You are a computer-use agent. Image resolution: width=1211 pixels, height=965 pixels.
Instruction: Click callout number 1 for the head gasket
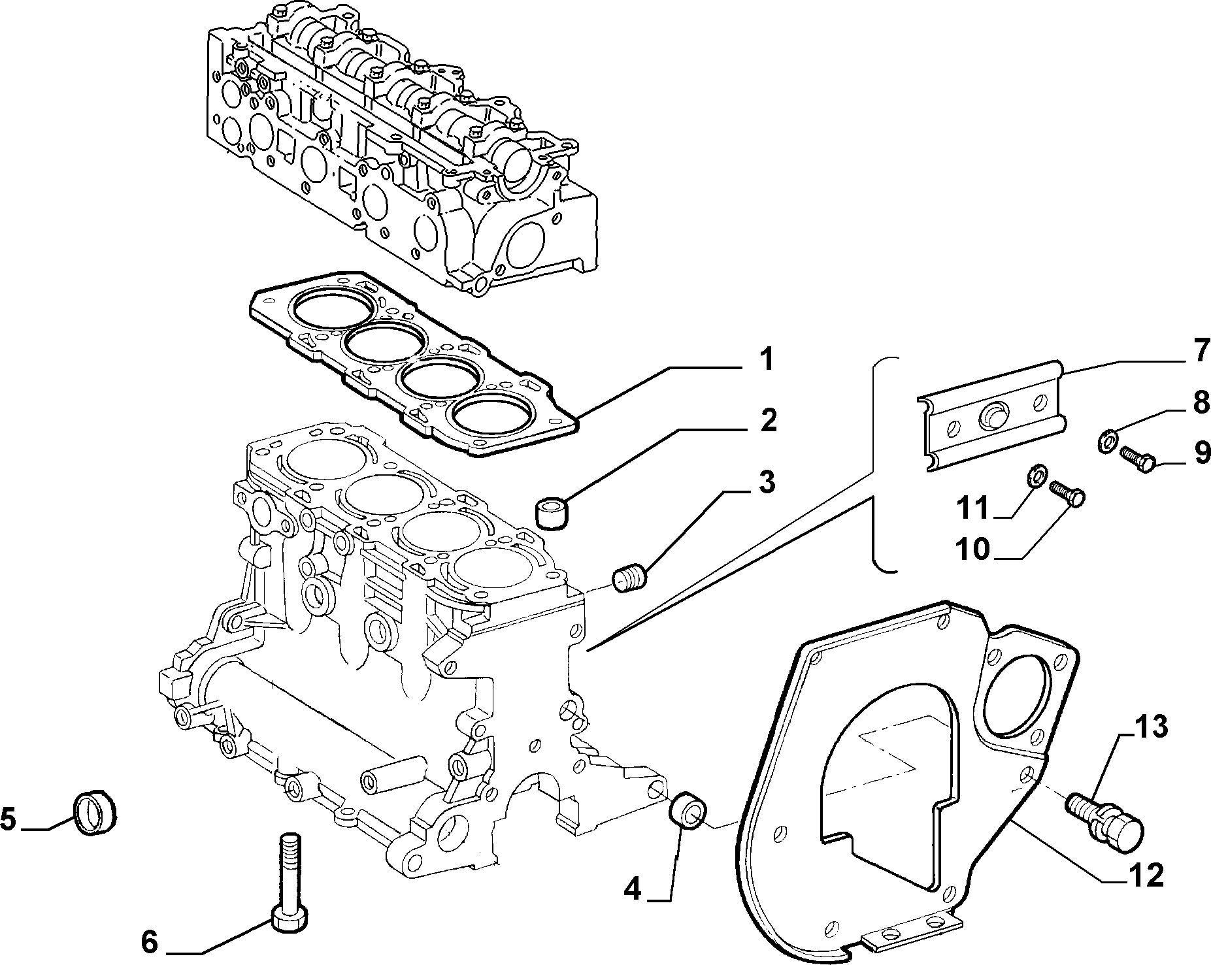766,360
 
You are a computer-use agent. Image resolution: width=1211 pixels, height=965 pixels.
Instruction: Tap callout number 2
767,421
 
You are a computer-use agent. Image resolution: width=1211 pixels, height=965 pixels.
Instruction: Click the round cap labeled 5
94,812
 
